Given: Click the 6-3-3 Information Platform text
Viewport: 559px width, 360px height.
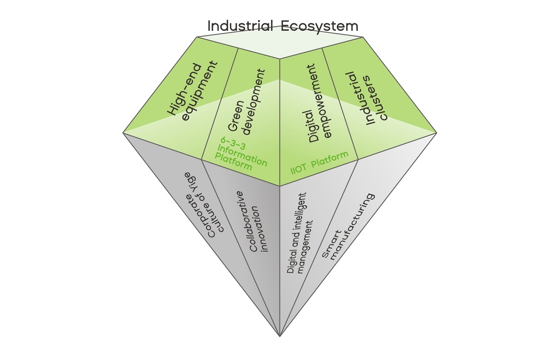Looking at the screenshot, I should (x=241, y=154).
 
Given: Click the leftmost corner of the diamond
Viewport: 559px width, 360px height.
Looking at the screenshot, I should (x=124, y=133).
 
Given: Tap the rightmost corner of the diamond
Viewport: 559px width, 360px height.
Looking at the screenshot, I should (x=436, y=133).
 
